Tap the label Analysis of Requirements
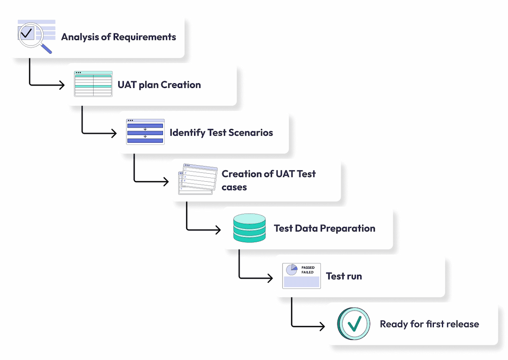tap(119, 37)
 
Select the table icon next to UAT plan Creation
tap(93, 84)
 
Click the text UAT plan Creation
tap(159, 85)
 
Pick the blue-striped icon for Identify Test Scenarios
tap(145, 132)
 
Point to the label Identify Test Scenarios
tap(221, 133)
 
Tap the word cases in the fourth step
tap(234, 187)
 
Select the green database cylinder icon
tap(249, 228)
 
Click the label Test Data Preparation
tap(325, 229)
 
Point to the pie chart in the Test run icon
tap(292, 270)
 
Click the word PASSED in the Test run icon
tap(308, 268)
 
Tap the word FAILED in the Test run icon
tap(308, 272)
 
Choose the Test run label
tap(344, 276)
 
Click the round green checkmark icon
tap(354, 324)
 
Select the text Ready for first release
tap(429, 324)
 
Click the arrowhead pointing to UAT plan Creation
tap(62, 85)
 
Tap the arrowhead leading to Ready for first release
tap(322, 326)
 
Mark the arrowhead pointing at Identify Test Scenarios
tap(114, 133)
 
